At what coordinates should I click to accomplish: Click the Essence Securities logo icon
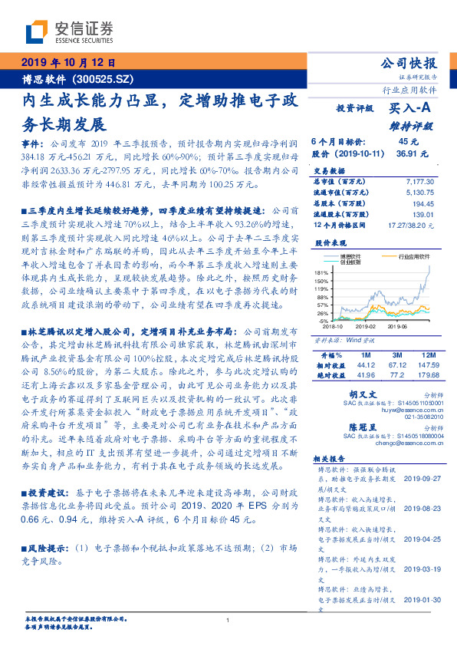[38, 33]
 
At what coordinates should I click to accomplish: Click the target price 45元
[408, 141]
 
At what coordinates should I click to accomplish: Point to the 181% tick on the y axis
[322, 272]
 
